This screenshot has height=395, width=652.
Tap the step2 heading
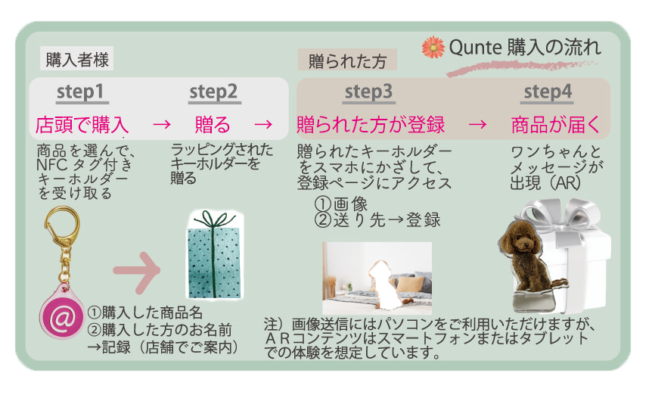tap(215, 92)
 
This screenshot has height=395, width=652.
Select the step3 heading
tap(369, 92)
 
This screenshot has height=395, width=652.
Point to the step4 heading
tap(547, 92)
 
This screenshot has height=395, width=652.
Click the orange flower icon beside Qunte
tap(433, 47)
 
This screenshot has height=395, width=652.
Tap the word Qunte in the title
tap(475, 47)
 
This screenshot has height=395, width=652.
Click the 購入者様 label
tap(77, 60)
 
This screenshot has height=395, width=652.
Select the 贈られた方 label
tap(347, 61)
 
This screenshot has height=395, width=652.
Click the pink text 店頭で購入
tap(82, 125)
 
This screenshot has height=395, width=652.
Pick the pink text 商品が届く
tap(556, 125)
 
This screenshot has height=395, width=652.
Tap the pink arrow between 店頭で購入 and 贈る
tap(162, 124)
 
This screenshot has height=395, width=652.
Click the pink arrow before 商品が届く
tap(477, 124)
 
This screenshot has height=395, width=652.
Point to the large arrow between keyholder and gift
tap(136, 271)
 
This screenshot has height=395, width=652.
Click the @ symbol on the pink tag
tap(63, 318)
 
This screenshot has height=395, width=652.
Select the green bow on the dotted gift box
tap(215, 219)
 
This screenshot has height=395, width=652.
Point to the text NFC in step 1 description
tap(51, 165)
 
